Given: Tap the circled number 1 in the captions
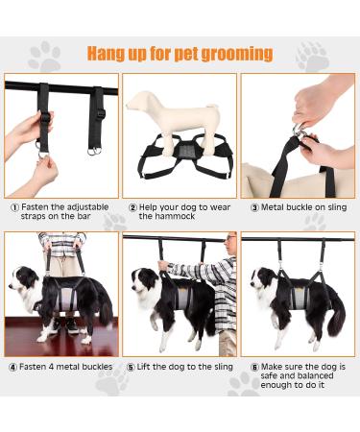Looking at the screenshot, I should pyautogui.click(x=14, y=206).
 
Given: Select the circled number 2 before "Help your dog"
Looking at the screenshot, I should pyautogui.click(x=132, y=206).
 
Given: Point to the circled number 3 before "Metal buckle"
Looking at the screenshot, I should pyautogui.click(x=253, y=206).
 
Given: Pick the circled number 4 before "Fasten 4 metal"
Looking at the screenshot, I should pyautogui.click(x=14, y=365).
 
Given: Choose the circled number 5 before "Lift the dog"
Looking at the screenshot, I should pyautogui.click(x=132, y=365).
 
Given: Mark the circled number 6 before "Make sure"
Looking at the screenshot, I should pyautogui.click(x=253, y=365).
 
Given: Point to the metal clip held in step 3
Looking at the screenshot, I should pyautogui.click(x=306, y=142).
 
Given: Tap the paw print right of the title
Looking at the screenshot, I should pyautogui.click(x=312, y=56).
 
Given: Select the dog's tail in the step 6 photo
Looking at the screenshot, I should pyautogui.click(x=337, y=322).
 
